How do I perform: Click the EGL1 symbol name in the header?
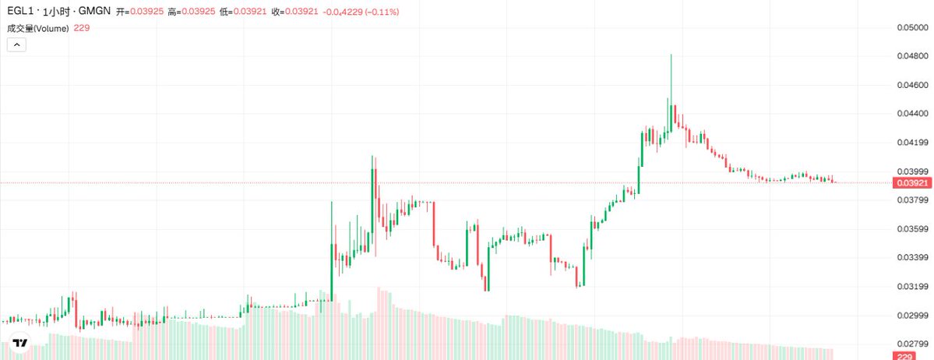point(20,12)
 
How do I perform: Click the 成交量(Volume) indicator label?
point(38,28)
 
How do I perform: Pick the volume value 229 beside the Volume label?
point(82,28)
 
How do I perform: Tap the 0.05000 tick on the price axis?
point(911,28)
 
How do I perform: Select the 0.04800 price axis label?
point(911,56)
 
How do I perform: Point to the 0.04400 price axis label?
point(911,114)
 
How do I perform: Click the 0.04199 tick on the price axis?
point(911,143)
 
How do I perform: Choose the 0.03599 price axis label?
point(911,229)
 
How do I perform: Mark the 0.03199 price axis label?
point(911,287)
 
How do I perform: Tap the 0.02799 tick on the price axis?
point(911,344)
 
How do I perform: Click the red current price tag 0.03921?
point(911,182)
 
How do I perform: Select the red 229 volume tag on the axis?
point(905,356)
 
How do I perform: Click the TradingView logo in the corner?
point(19,343)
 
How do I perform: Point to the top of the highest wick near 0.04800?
point(670,55)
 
